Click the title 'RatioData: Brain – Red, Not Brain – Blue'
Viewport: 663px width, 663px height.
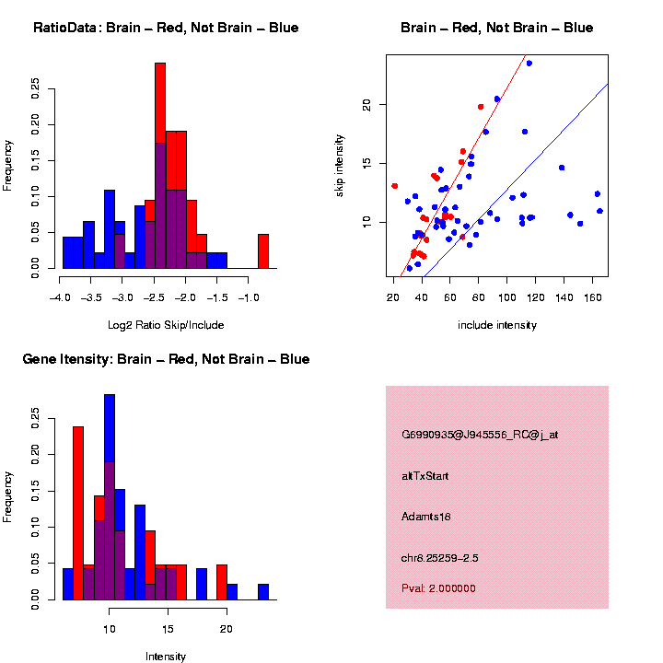pyautogui.click(x=166, y=28)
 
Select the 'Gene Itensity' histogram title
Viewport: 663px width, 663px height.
pyautogui.click(x=166, y=358)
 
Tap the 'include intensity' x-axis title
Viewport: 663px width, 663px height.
pyautogui.click(x=496, y=325)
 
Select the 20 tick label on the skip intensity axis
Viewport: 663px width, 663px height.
pyautogui.click(x=365, y=105)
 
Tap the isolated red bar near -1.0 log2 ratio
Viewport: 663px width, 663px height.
pyautogui.click(x=263, y=250)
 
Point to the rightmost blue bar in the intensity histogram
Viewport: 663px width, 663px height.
pyautogui.click(x=263, y=591)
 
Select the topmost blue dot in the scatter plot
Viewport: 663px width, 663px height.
pyautogui.click(x=529, y=64)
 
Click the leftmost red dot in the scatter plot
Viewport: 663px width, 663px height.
pyautogui.click(x=395, y=186)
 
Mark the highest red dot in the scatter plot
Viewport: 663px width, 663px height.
pyautogui.click(x=481, y=107)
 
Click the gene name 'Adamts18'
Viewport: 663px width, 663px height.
pyautogui.click(x=426, y=517)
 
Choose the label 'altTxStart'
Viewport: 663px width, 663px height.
pyautogui.click(x=425, y=476)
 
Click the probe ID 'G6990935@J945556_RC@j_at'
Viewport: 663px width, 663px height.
pyautogui.click(x=480, y=434)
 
